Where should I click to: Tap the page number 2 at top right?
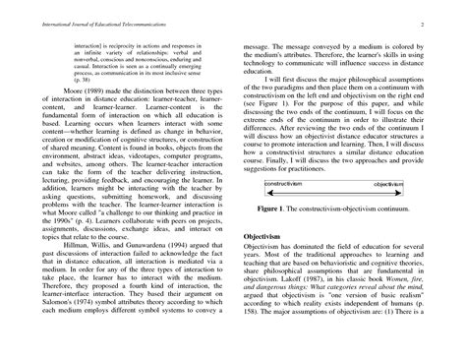pos(446,21)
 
